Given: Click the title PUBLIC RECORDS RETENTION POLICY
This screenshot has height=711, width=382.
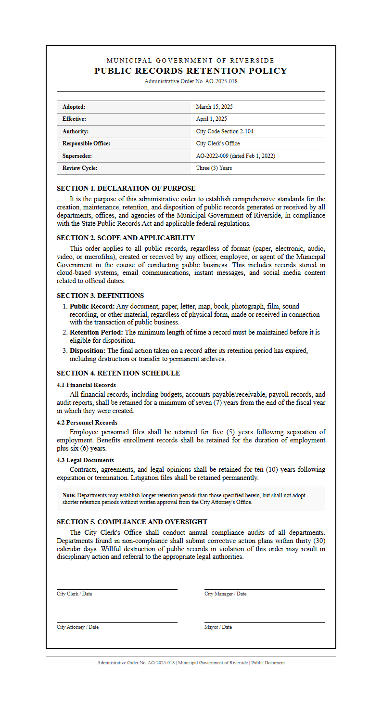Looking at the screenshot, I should coord(191,71).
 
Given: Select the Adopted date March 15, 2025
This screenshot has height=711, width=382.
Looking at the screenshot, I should coord(214,107).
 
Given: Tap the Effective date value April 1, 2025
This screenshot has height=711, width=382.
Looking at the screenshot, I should coord(211,119).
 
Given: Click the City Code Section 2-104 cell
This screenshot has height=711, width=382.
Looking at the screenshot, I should coord(225,131).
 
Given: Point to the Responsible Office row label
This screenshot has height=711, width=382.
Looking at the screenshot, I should coord(86,143).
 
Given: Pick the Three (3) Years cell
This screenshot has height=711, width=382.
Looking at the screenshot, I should coord(214,168).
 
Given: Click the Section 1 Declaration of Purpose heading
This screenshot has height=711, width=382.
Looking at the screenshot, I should coord(126,188).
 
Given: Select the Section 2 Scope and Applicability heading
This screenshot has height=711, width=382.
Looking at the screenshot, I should coord(126,238).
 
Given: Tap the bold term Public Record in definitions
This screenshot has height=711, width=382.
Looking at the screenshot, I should coord(92,306).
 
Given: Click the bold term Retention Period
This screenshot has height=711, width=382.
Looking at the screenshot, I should coord(96,332).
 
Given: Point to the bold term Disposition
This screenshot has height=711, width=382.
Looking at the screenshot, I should coord(88,350).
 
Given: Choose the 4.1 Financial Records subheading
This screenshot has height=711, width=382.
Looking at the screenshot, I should coord(86,385).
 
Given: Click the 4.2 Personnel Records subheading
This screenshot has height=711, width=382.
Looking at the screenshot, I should coord(87,423).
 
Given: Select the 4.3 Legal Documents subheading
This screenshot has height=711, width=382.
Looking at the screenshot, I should coord(85,460).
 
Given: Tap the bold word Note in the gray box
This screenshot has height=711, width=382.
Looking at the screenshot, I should coord(69,495).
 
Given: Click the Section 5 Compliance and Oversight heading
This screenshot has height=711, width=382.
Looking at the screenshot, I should coord(132,522).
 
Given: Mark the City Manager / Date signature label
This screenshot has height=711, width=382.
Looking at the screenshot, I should coord(225,594).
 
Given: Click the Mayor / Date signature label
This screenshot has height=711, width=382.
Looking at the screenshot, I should coord(218,627).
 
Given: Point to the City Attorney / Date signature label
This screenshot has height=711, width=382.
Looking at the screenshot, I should coord(77,627).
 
